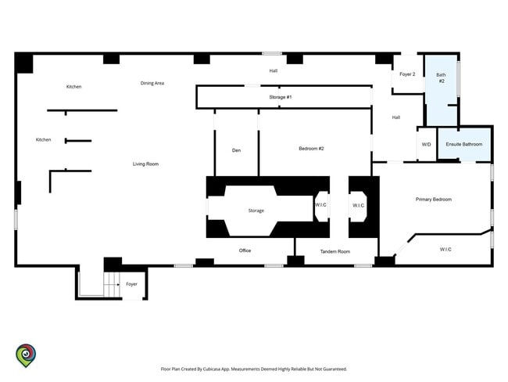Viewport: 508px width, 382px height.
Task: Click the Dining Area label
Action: pos(152,83)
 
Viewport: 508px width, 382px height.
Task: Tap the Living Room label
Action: pos(146,164)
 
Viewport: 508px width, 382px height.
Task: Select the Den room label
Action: pos(237,150)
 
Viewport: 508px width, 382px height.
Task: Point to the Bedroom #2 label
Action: pos(311,149)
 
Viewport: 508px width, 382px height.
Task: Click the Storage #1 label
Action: pos(281,97)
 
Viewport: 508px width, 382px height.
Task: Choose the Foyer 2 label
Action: pos(407,74)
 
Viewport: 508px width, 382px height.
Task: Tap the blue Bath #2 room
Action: pos(442,90)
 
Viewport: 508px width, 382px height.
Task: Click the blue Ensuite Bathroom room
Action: pos(464,144)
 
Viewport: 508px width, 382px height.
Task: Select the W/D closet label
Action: pos(427,145)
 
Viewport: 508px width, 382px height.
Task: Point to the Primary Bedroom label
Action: pos(434,200)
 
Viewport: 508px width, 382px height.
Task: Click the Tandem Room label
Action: pos(335,251)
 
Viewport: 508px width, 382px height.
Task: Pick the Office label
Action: pos(245,250)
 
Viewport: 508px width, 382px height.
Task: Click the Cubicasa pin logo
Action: pos(26,355)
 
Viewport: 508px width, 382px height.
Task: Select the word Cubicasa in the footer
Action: pos(213,369)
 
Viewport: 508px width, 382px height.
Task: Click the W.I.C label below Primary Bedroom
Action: pos(445,249)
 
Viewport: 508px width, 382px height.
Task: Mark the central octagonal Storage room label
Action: pos(256,211)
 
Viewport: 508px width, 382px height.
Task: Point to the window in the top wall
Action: pos(272,53)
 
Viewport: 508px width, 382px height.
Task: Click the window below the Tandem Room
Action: pos(363,266)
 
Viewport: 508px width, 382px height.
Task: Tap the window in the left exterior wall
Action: pos(16,220)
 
